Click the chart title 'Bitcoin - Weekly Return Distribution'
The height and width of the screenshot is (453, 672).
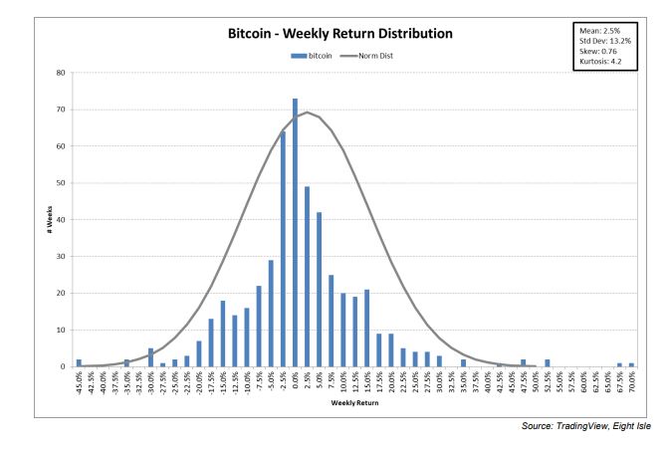point(340,34)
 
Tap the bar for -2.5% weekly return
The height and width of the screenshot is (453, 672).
point(283,249)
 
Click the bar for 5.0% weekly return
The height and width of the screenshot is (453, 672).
point(319,290)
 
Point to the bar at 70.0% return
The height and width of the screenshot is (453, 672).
point(631,364)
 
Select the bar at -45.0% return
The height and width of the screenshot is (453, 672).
point(79,363)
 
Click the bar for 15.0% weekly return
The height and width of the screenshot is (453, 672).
point(366,329)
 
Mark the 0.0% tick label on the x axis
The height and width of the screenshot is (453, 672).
point(296,381)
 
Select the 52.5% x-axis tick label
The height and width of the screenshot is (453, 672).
point(548,382)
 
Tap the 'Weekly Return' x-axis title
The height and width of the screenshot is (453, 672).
point(353,404)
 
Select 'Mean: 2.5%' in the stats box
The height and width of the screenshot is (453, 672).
point(598,32)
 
